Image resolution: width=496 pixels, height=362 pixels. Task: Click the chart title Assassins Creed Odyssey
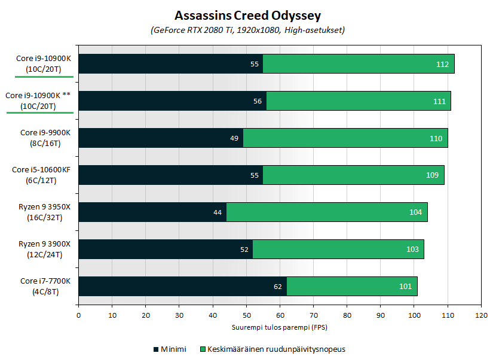coord(247,14)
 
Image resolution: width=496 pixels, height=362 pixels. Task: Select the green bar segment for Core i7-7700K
coord(352,286)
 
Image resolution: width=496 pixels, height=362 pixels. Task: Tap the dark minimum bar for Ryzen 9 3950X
coord(152,212)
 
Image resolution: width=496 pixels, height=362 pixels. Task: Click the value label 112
coord(442,64)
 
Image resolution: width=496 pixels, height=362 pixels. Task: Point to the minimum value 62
coord(277,287)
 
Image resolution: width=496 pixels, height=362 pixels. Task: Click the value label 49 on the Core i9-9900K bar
coord(234,138)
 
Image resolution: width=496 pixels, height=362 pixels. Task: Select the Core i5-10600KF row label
coord(41,175)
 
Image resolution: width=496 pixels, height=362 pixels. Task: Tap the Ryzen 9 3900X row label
coord(44,249)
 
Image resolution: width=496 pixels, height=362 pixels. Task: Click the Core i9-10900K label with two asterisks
coord(38,101)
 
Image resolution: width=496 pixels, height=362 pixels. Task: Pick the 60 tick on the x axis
coord(280,315)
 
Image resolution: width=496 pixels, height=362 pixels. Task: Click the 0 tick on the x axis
coord(78,315)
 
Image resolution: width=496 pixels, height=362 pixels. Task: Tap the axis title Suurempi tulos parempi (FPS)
coord(279,327)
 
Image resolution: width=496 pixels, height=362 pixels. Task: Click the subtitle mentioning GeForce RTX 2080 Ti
coord(247,29)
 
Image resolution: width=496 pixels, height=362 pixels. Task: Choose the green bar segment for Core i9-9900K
coord(345,138)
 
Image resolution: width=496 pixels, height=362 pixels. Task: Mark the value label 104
coord(415,212)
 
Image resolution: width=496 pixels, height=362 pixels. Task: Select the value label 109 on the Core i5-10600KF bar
coord(432,175)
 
